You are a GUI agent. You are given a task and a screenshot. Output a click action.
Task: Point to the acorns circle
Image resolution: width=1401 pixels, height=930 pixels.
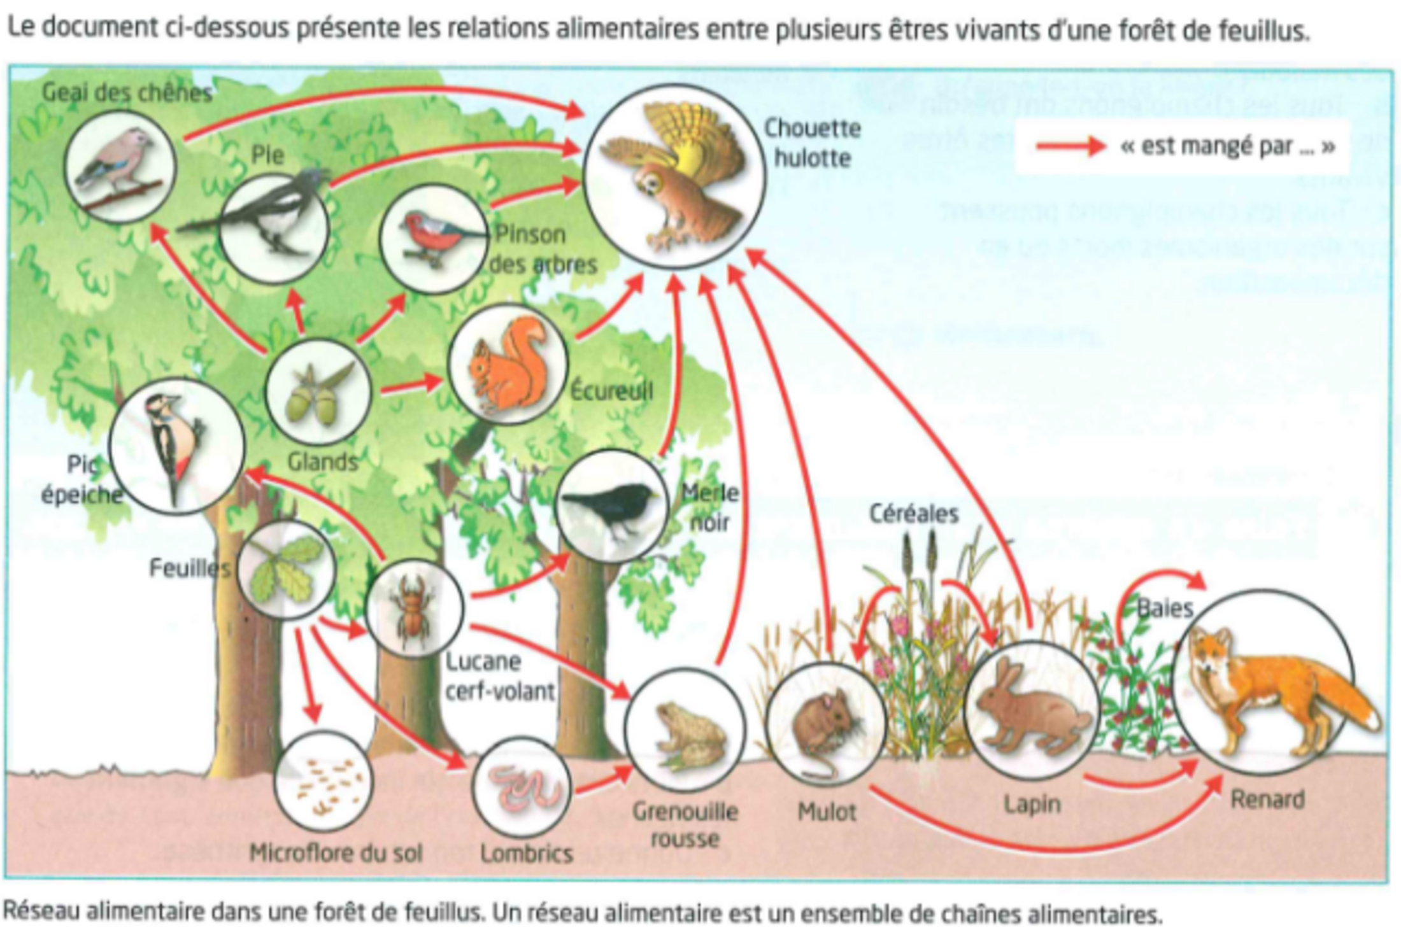[x=317, y=391]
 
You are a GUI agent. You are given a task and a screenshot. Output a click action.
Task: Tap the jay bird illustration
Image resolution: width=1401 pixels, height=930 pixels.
[x=120, y=166]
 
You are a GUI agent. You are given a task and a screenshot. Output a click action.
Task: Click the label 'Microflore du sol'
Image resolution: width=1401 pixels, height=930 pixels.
[x=336, y=853]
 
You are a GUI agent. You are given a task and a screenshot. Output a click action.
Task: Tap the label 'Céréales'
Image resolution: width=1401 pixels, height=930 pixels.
[x=914, y=513]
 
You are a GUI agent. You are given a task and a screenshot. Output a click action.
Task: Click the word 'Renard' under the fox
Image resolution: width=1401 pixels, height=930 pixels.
[x=1267, y=799]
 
